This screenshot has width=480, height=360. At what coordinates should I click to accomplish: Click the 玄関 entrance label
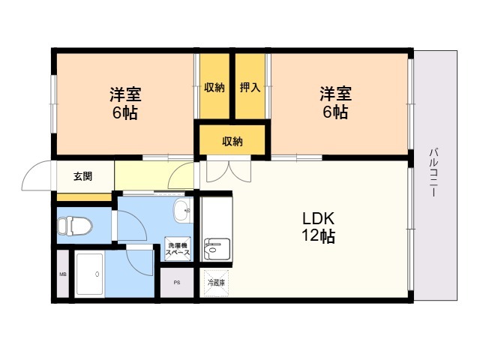(x=82, y=176)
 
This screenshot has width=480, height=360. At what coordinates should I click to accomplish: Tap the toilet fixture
(x=75, y=226)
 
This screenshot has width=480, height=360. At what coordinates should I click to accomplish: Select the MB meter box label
(x=63, y=274)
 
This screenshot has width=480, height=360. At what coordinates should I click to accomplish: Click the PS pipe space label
(x=177, y=283)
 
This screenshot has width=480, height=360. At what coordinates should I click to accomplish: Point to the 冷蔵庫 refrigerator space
(x=216, y=283)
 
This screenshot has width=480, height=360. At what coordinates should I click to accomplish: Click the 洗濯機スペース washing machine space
(x=178, y=249)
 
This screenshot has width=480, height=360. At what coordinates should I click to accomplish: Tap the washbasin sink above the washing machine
(x=183, y=210)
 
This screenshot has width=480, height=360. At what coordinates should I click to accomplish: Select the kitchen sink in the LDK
(x=217, y=249)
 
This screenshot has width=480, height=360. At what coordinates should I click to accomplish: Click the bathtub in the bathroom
(x=90, y=274)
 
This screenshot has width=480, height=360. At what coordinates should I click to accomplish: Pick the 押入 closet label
(x=250, y=88)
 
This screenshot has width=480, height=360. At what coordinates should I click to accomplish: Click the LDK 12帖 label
(x=318, y=226)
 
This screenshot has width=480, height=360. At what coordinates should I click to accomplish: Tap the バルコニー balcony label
(x=433, y=172)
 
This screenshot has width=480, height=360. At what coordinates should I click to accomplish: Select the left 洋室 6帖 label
(x=125, y=103)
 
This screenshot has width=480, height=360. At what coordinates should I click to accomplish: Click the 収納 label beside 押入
(x=214, y=88)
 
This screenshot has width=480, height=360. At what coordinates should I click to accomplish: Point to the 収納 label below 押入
(x=232, y=142)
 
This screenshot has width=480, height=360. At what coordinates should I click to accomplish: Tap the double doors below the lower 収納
(x=229, y=172)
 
